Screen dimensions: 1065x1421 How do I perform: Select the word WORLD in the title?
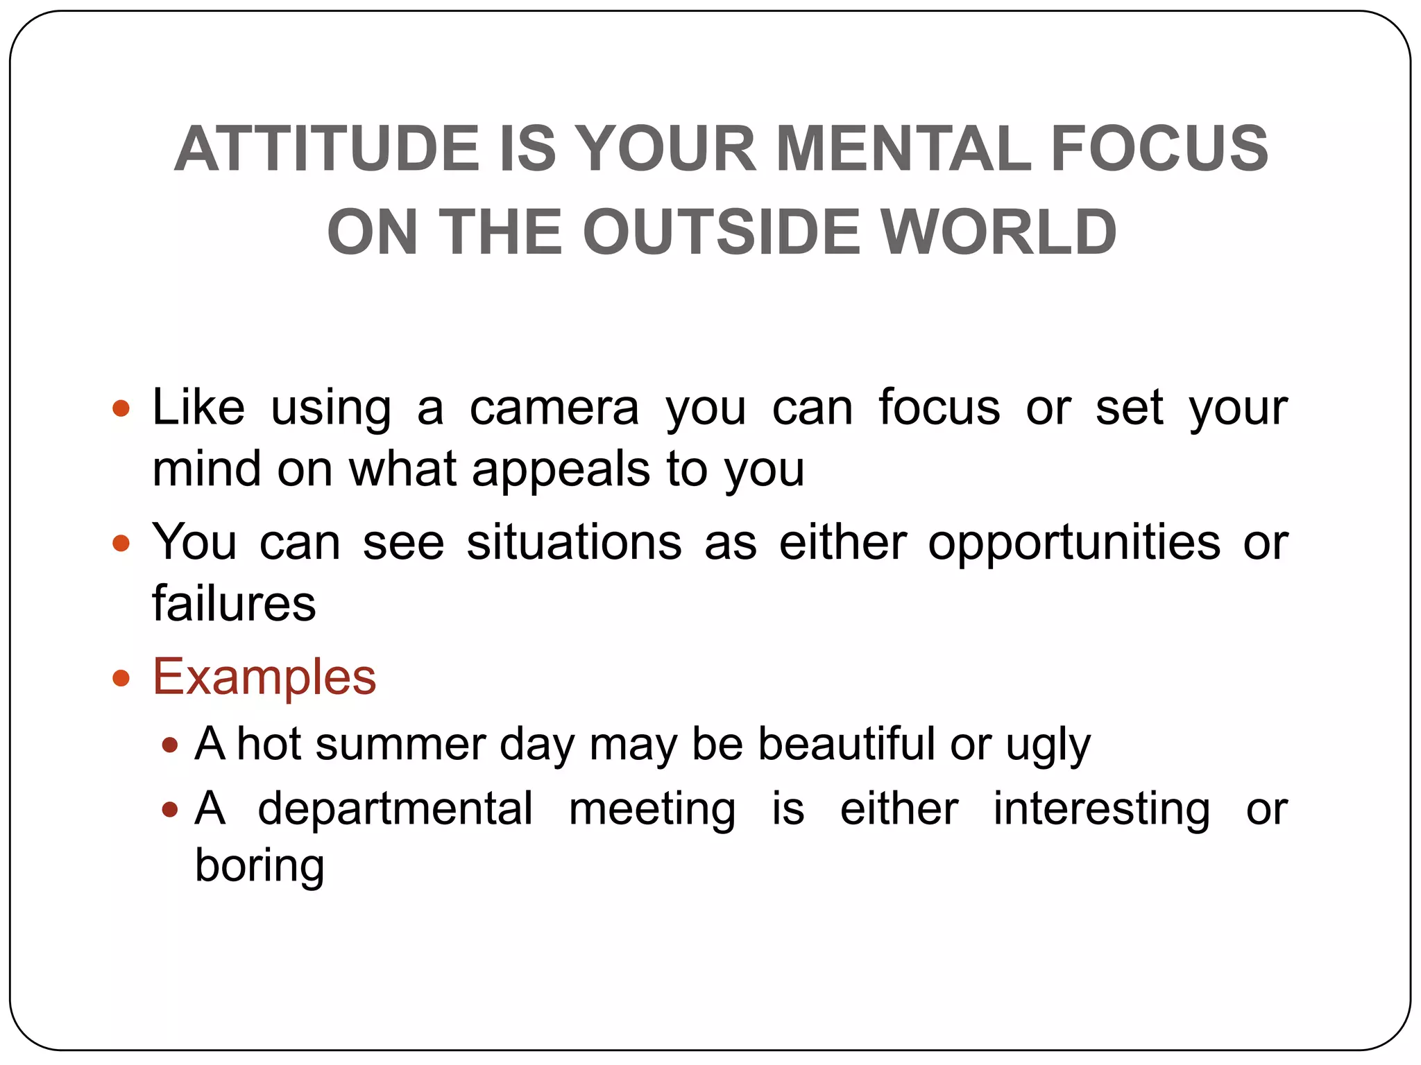point(998,232)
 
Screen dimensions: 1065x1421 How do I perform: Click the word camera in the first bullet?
point(554,408)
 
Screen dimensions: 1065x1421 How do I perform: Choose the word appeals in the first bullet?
point(561,469)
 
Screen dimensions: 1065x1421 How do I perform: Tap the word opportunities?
point(1074,542)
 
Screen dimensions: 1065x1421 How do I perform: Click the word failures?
point(234,603)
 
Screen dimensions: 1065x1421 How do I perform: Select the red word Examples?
point(264,677)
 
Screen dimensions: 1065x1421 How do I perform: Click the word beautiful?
point(846,744)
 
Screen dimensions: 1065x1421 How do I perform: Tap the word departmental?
point(395,808)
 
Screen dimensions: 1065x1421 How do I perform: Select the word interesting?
point(1102,808)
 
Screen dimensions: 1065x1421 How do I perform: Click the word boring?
point(259,867)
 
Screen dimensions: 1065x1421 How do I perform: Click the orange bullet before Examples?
point(121,677)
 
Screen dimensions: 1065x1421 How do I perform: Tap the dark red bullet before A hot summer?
point(169,745)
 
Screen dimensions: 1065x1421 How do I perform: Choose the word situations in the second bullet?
point(574,542)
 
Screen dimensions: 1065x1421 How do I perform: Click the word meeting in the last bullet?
point(652,810)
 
